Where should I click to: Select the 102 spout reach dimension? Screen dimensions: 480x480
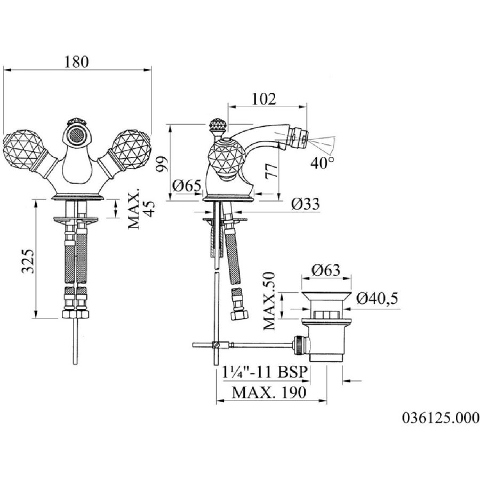tap(264, 99)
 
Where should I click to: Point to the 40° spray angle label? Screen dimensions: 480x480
tap(322, 163)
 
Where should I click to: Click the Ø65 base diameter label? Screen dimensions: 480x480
tap(187, 186)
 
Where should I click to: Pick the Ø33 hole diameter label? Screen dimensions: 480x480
tap(305, 204)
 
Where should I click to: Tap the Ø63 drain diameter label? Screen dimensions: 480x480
tap(326, 270)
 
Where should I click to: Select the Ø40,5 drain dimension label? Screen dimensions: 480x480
tap(377, 298)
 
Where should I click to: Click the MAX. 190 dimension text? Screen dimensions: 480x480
tap(269, 392)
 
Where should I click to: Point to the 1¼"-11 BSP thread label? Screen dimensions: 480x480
tap(265, 372)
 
